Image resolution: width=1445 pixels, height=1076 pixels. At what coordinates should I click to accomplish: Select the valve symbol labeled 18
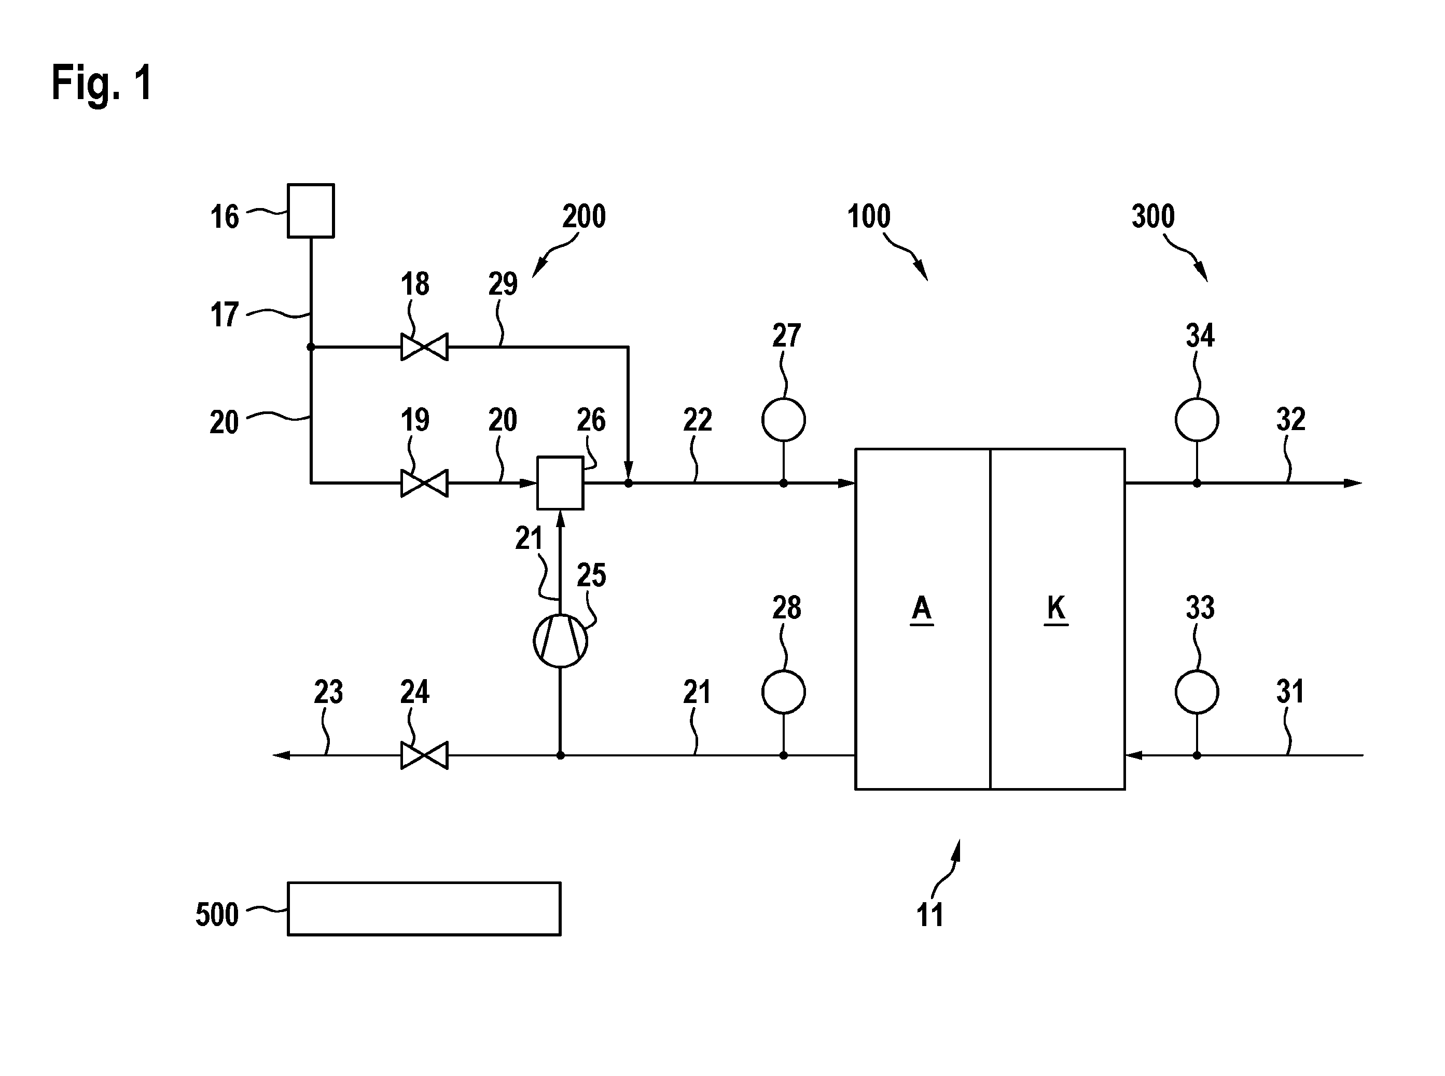click(424, 347)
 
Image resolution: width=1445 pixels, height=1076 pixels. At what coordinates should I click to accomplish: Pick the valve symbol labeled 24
click(424, 755)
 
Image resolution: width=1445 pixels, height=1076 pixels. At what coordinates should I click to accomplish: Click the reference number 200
click(584, 216)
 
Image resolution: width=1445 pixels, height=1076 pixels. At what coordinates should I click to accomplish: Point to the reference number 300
click(1154, 216)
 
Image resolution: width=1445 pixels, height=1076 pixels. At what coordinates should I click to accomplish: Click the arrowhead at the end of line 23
click(281, 755)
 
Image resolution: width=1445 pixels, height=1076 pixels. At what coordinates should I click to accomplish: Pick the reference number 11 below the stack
click(930, 915)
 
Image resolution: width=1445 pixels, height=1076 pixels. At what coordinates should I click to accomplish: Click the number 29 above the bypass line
click(503, 284)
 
